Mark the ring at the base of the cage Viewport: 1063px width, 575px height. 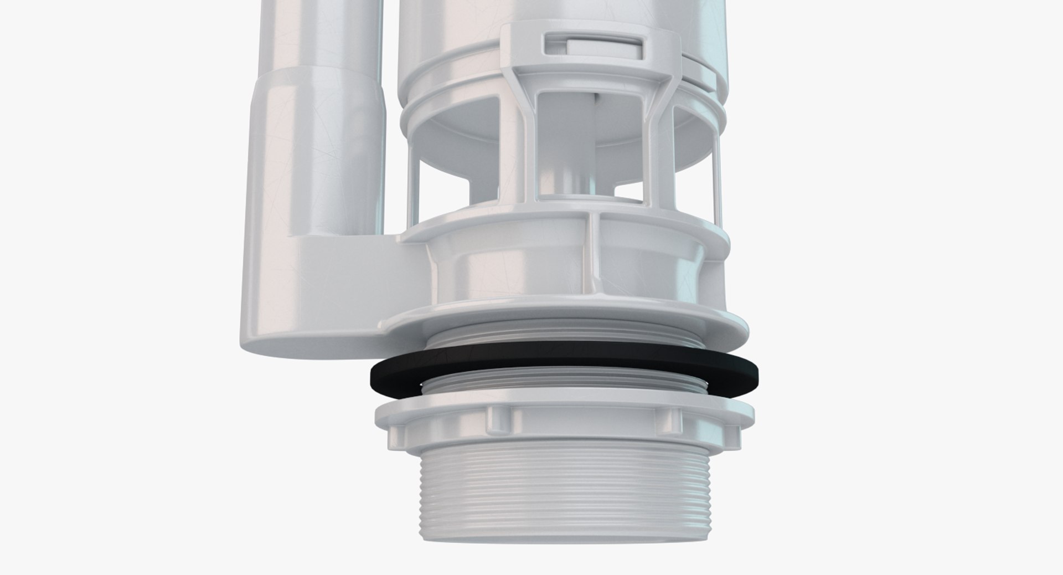point(565,227)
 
